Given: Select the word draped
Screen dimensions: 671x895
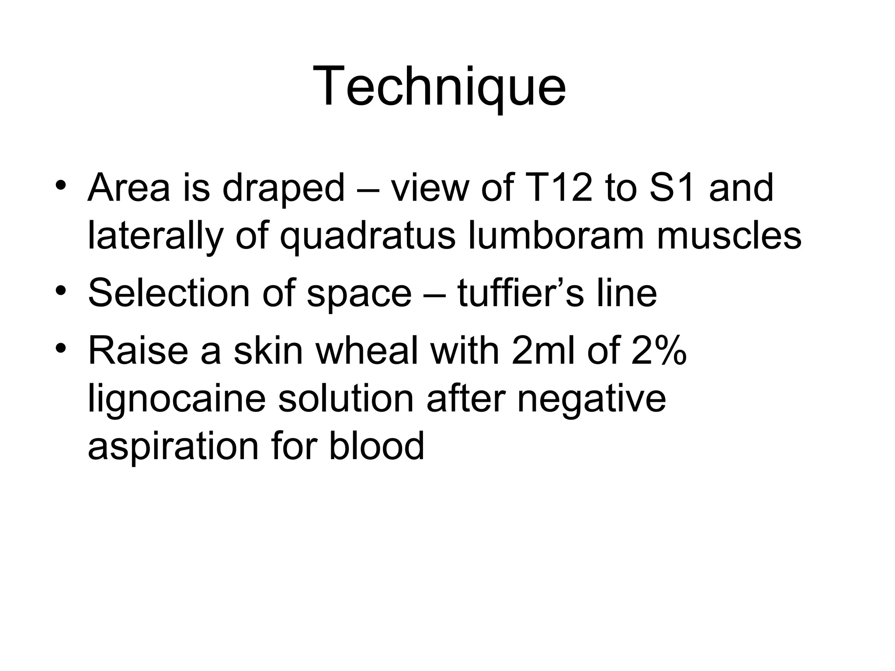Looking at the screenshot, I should pos(284,188).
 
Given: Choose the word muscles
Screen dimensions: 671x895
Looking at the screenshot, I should pos(729,236).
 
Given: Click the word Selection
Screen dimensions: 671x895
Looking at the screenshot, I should pos(168,293).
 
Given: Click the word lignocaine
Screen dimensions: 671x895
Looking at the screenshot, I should pos(177,400).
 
